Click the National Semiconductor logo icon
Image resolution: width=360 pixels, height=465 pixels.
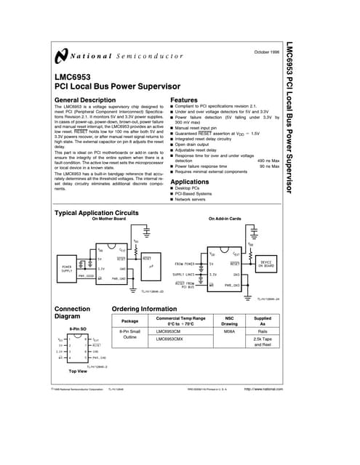tap(59, 56)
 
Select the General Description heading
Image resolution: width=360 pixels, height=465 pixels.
tap(85, 99)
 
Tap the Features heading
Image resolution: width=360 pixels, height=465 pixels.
tap(183, 99)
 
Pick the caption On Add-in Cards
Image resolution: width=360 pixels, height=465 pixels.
tap(224, 219)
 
